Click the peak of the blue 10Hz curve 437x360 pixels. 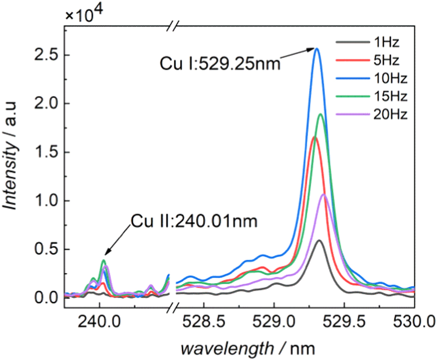pyautogui.click(x=317, y=48)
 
